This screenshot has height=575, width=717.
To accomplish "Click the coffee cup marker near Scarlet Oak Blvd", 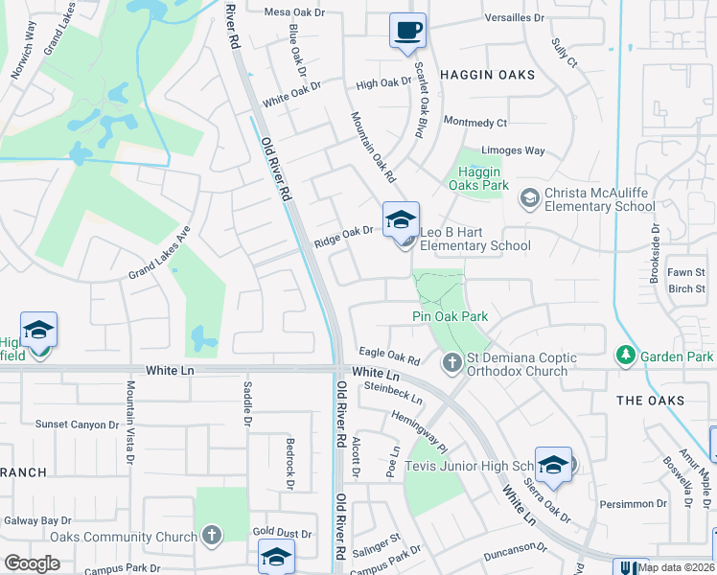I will (407, 30).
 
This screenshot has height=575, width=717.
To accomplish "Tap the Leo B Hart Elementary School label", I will (475, 239).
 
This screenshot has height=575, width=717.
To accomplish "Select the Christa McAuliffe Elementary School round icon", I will (529, 198).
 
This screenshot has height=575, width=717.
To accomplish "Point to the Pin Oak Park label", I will (451, 316).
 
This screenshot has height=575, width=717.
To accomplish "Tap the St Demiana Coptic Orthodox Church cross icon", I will (452, 362).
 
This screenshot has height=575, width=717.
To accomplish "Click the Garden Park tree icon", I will (626, 356).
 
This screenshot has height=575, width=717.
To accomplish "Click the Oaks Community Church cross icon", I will (212, 536).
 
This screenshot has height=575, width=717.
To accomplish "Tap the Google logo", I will (32, 563).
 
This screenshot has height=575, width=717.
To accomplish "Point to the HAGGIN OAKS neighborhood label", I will (487, 74).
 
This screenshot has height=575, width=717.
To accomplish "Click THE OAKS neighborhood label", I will (650, 401).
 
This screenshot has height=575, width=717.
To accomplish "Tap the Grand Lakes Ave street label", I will (160, 253).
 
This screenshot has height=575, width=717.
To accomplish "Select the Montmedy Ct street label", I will (474, 122).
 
